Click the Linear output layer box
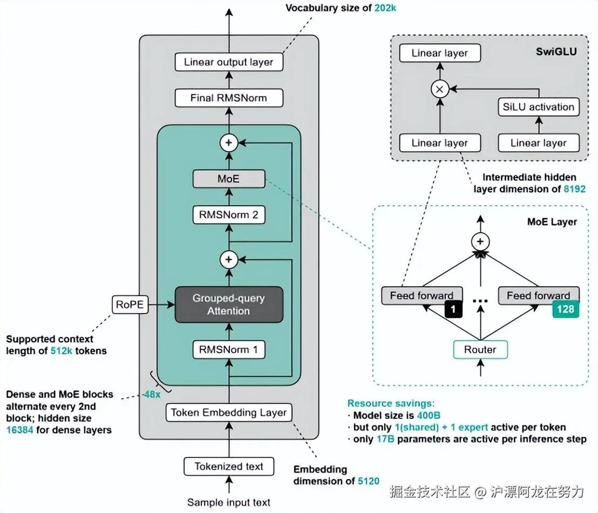pos(229,62)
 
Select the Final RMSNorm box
pos(229,98)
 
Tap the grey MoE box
pos(229,179)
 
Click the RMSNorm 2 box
pos(229,214)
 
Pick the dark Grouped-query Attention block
pos(229,305)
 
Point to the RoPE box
pos(130,305)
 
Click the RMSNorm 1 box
pos(229,349)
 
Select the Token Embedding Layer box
pos(229,413)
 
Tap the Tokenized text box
pos(229,467)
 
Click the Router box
pos(480,349)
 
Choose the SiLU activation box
pos(539,107)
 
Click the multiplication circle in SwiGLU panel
pos(440,89)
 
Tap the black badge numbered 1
pos(453,309)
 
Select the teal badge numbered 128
pos(566,309)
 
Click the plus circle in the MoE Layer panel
pos(480,241)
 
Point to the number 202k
pos(385,8)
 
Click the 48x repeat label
pos(152,394)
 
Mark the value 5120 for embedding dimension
pos(369,481)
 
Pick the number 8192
pos(574,189)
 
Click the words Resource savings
pos(391,403)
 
